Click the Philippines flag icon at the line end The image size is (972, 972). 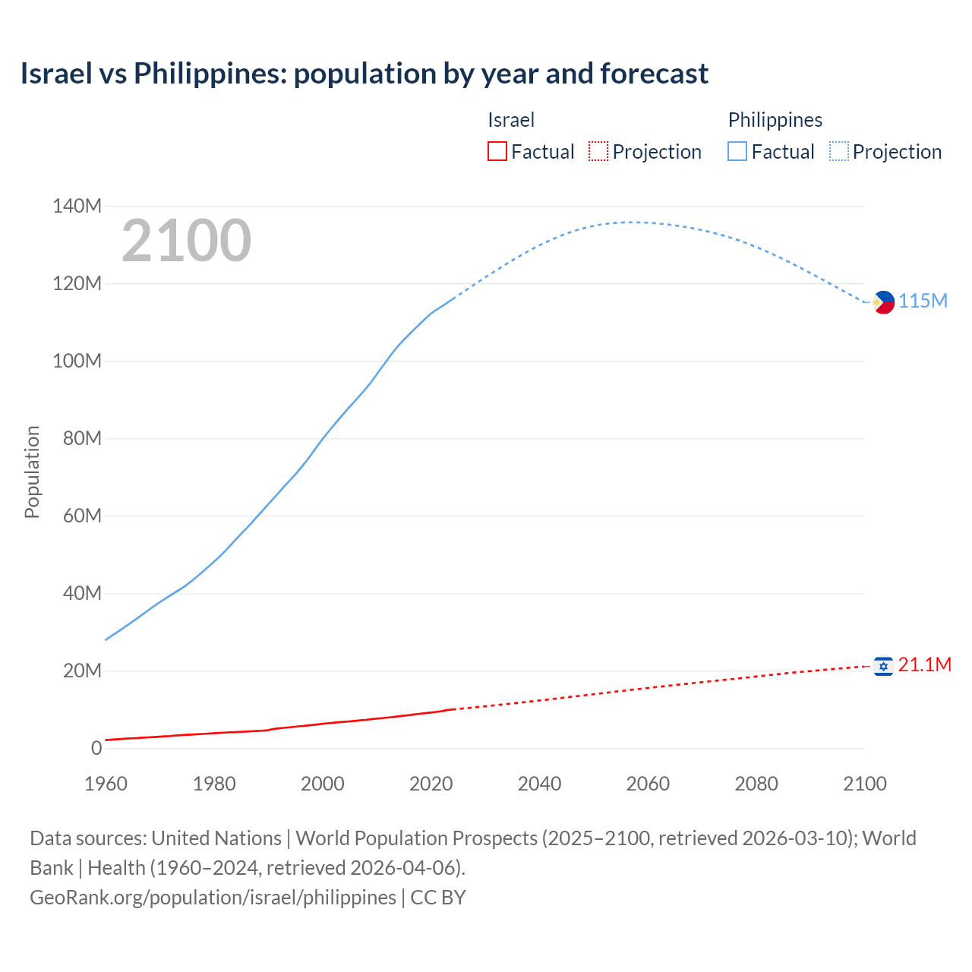point(883,302)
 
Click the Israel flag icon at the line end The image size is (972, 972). point(883,666)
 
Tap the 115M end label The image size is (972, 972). point(923,301)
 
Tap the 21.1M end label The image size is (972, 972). point(924,664)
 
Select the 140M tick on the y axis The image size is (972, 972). point(77,206)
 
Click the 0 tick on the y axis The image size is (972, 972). point(96,748)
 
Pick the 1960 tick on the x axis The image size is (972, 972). point(106,784)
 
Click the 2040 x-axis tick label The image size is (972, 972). point(539,784)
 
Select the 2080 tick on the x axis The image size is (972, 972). point(756,784)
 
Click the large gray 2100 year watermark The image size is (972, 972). point(186,241)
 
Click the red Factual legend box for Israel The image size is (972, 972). point(497,151)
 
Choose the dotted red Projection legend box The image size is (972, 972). point(598,151)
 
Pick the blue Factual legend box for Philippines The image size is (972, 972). point(737,151)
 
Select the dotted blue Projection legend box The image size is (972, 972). point(838,151)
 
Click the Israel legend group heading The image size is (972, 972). point(511,120)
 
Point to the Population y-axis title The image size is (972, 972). point(32,472)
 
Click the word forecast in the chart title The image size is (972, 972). point(654,74)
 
